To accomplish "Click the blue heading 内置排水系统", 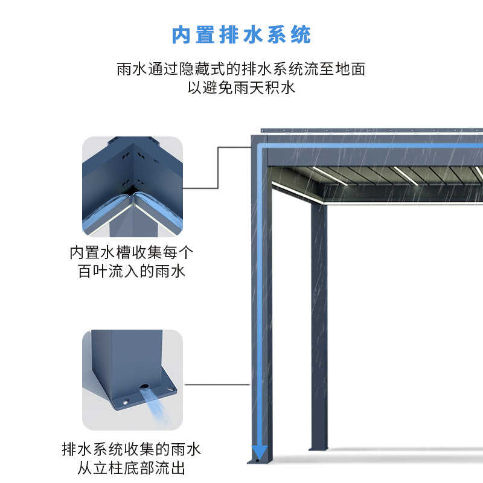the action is coord(241,34).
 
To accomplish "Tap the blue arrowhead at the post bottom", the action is coord(260,451).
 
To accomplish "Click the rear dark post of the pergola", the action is coord(319,326).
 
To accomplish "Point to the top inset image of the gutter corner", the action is coord(132,186).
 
